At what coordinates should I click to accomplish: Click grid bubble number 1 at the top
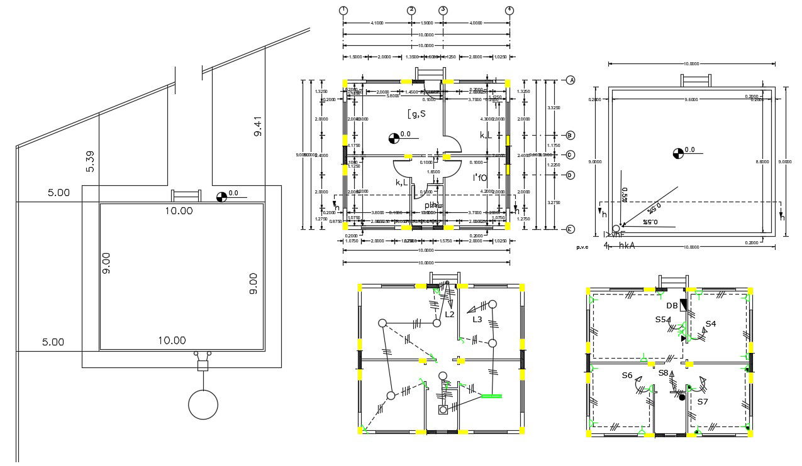343,10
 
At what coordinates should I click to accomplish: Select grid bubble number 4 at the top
510,10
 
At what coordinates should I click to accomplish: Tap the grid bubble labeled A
571,80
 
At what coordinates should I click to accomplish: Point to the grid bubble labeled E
570,229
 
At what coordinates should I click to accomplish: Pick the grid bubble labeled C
570,154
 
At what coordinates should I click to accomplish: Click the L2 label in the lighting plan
450,314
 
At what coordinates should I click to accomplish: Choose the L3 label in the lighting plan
477,320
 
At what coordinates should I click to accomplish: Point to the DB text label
672,306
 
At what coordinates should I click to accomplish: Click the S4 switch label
711,324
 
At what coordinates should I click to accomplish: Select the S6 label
627,375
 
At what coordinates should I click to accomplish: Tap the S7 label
703,401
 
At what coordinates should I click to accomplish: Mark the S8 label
664,372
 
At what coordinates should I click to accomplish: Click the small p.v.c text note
582,247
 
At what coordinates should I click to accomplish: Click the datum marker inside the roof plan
677,152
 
